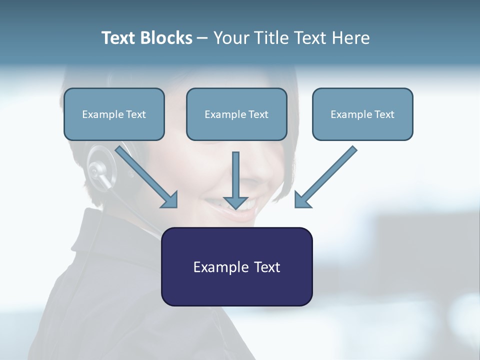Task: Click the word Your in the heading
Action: [x=231, y=38]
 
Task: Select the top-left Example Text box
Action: [x=114, y=114]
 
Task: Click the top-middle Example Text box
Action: [x=236, y=114]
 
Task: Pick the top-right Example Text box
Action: [x=362, y=114]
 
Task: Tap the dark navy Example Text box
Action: [x=236, y=266]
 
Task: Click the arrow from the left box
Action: [x=145, y=174]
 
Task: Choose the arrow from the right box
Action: [x=327, y=175]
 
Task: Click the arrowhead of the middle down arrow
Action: [x=235, y=202]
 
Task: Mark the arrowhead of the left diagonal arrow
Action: [x=170, y=200]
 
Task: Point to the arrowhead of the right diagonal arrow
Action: [x=302, y=199]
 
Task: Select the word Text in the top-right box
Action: [x=384, y=114]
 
